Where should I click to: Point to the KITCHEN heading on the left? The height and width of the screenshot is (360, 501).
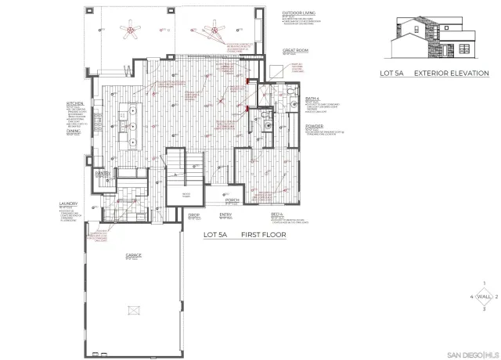pos(75,103)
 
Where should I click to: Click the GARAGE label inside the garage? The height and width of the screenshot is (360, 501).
pos(133,255)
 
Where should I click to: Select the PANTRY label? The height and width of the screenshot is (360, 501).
pos(102,172)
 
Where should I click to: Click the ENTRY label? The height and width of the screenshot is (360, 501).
pos(226,214)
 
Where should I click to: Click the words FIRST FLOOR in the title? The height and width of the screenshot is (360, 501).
pos(262,234)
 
